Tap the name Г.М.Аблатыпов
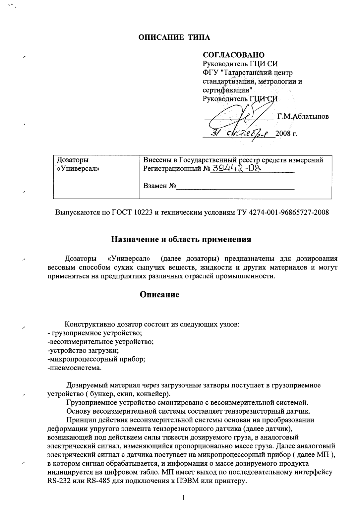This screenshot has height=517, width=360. point(303,116)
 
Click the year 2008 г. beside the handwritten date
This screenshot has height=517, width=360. point(287,134)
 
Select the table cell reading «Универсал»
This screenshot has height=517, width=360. point(78,169)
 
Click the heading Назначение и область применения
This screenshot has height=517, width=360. point(181,239)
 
